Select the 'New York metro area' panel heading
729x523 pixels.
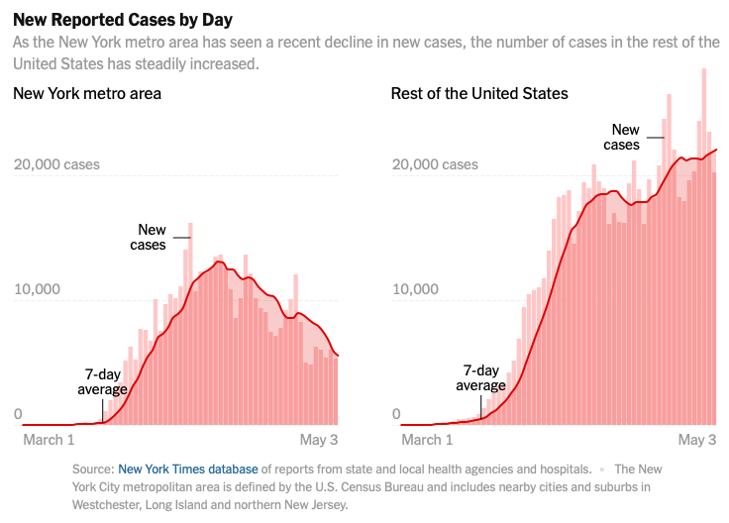click(x=87, y=93)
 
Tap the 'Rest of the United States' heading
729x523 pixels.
click(x=479, y=93)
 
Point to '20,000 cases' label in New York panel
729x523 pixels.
click(x=56, y=163)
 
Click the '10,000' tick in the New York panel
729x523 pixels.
click(x=37, y=289)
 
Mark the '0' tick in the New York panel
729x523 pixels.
click(x=18, y=414)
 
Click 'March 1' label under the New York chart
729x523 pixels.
click(x=49, y=440)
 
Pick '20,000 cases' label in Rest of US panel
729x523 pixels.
click(x=435, y=163)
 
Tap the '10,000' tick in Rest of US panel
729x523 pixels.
click(x=415, y=289)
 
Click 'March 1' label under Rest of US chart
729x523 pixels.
click(x=427, y=440)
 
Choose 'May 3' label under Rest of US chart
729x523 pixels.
click(x=696, y=440)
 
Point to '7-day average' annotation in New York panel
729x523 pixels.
click(x=103, y=381)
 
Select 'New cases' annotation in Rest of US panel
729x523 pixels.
click(x=623, y=137)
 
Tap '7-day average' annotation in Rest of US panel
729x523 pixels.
click(x=481, y=377)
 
